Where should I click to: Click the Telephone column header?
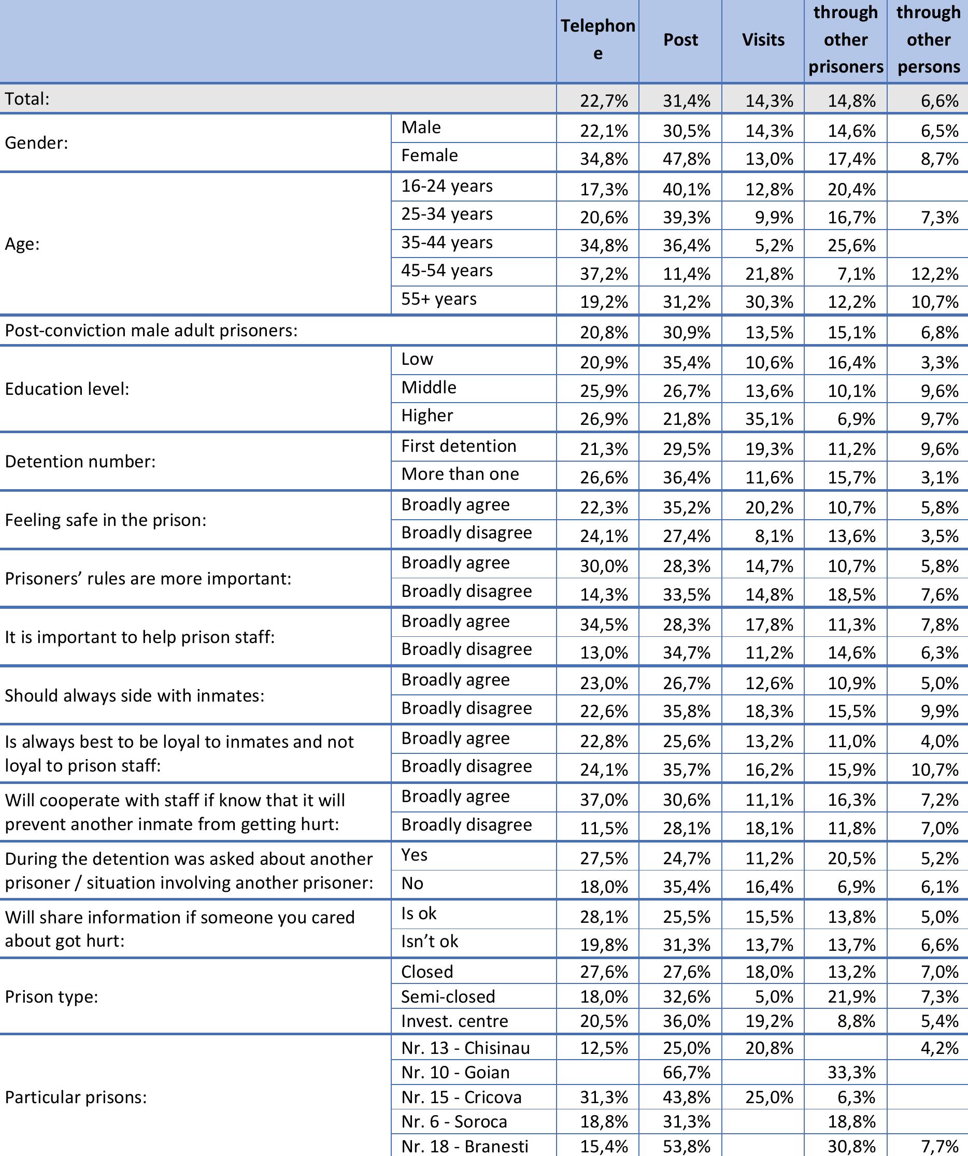click(x=597, y=39)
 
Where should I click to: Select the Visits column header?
click(x=763, y=39)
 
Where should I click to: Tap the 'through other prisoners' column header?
click(x=845, y=39)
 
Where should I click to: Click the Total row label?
click(x=27, y=99)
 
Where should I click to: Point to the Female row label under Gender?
click(x=429, y=156)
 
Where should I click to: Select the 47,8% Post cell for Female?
click(x=686, y=159)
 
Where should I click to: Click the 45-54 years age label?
click(x=447, y=271)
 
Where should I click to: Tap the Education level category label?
click(x=67, y=389)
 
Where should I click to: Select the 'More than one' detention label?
click(x=460, y=474)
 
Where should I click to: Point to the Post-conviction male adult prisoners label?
click(x=151, y=330)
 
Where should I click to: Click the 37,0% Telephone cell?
click(x=604, y=800)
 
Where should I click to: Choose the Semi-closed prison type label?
click(x=448, y=996)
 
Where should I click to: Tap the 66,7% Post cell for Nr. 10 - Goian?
click(x=686, y=1073)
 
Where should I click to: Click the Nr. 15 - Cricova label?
click(x=461, y=1097)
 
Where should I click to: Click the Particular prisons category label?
click(x=76, y=1097)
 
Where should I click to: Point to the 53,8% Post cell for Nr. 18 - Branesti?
click(x=686, y=1147)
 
